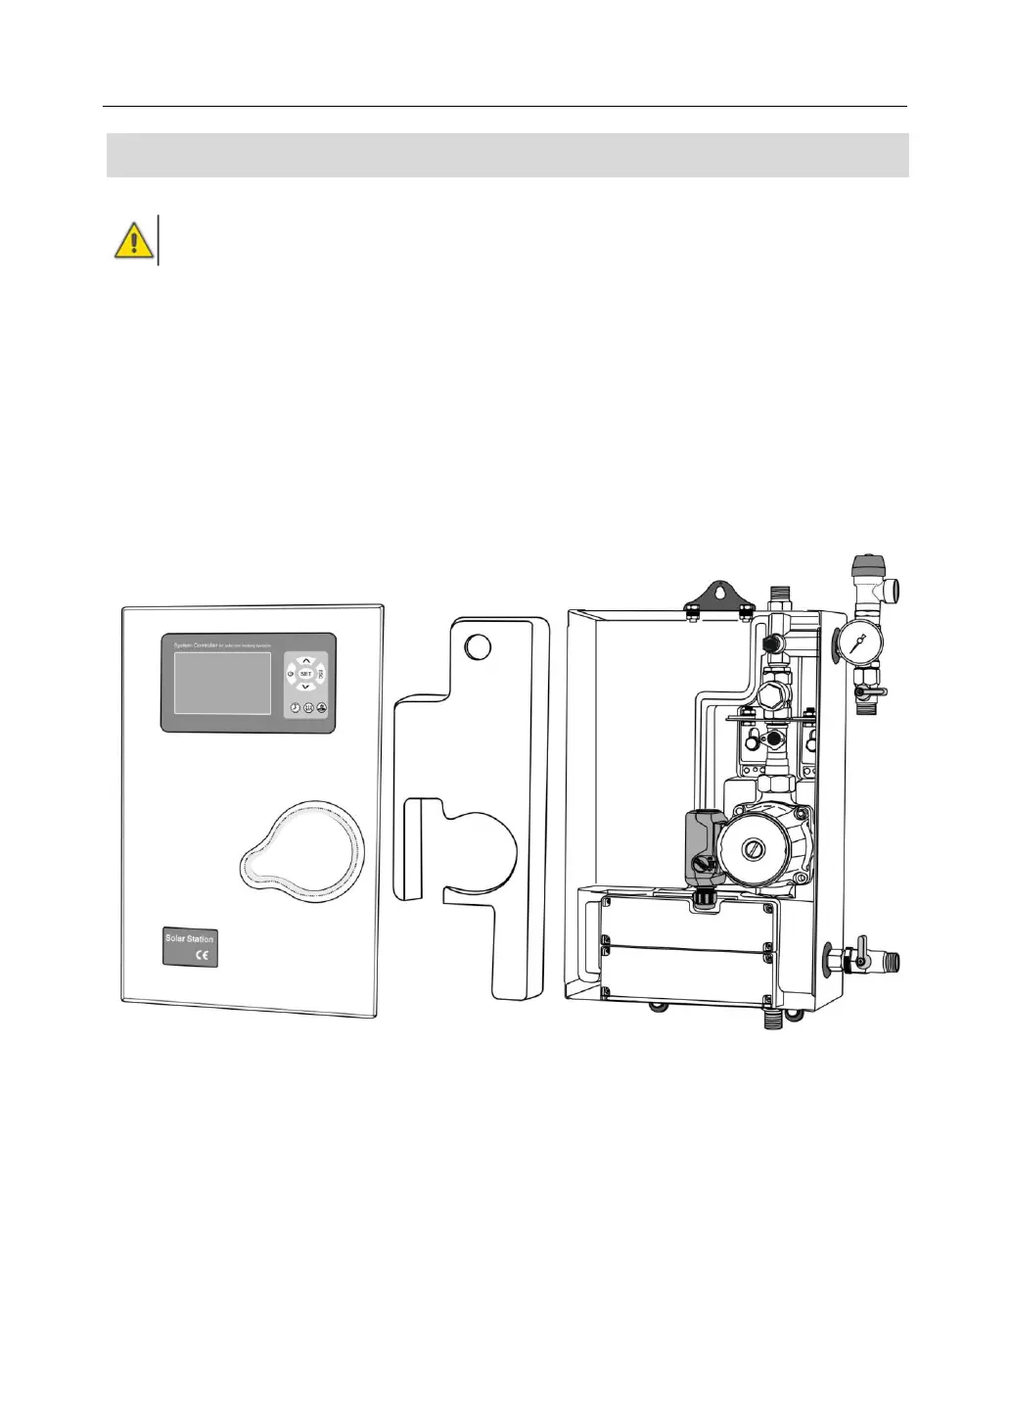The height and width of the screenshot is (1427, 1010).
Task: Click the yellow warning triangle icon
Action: click(x=133, y=240)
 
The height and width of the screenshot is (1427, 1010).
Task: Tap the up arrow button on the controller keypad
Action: click(x=305, y=660)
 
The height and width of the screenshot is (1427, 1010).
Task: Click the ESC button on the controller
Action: click(x=320, y=674)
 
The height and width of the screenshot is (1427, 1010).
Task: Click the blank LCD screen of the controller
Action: click(x=222, y=683)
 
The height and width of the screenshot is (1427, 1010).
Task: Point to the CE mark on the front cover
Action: click(x=204, y=956)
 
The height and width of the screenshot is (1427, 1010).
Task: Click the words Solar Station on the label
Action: click(x=189, y=938)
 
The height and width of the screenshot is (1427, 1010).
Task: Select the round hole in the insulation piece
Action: click(x=477, y=646)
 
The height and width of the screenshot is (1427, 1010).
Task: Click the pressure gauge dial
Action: click(x=858, y=642)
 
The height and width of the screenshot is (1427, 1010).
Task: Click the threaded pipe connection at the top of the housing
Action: click(x=780, y=596)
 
